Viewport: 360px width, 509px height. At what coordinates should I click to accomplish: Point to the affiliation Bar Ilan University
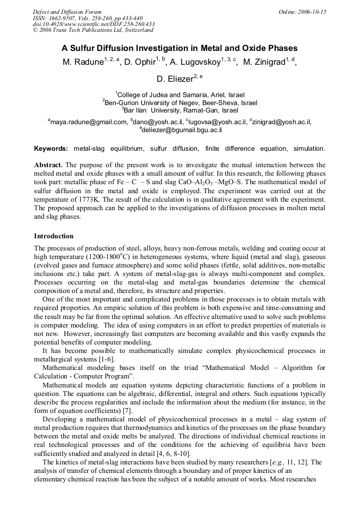pyautogui.click(x=181, y=110)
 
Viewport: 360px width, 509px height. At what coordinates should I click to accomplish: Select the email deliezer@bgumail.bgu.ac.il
pyautogui.click(x=181, y=129)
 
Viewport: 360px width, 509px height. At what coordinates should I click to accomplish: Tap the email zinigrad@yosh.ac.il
pyautogui.click(x=281, y=122)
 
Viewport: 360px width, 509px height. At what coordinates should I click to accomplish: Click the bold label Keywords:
pyautogui.click(x=51, y=149)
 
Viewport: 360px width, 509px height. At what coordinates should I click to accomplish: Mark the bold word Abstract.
pyautogui.click(x=48, y=165)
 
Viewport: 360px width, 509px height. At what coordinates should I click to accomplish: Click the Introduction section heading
pyautogui.click(x=54, y=236)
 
